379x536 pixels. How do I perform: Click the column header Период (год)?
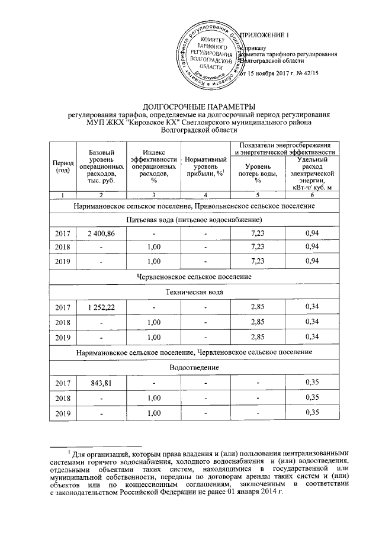tap(63, 166)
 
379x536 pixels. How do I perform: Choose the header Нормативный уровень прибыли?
tap(204, 166)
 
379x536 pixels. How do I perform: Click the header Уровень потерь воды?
tap(258, 170)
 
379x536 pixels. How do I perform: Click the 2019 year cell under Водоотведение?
tap(63, 412)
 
